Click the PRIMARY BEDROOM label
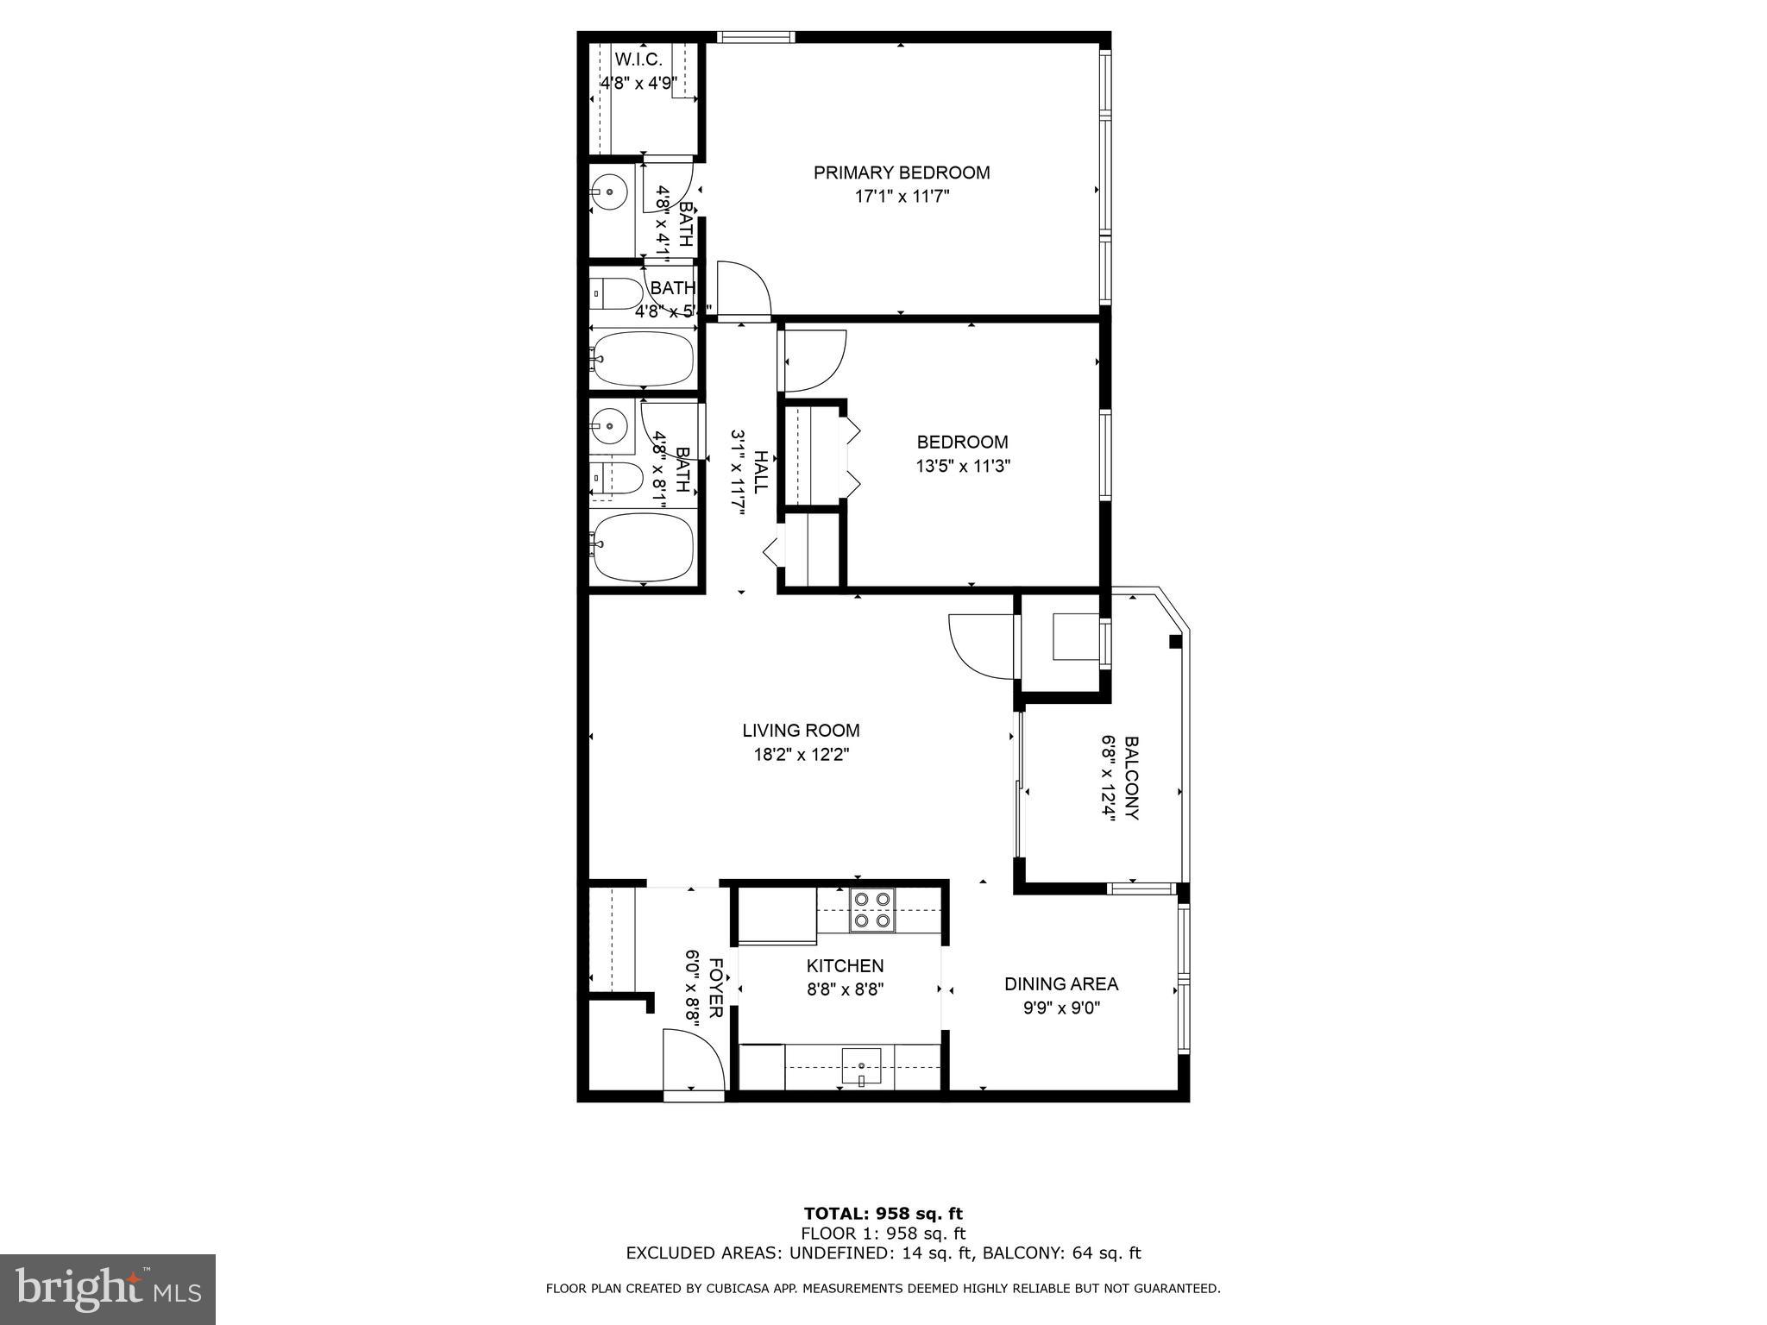[x=902, y=173]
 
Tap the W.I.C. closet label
[x=638, y=60]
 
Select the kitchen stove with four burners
[x=871, y=911]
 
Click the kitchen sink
[x=861, y=1066]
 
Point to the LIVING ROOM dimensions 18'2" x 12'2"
[x=801, y=755]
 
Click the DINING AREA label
[x=1060, y=983]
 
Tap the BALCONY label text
[x=1132, y=778]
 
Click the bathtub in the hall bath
[x=643, y=547]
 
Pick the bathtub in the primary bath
[x=643, y=359]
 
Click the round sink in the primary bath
[x=611, y=192]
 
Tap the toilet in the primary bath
[x=616, y=294]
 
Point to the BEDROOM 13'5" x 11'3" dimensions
[x=962, y=467]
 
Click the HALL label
[x=760, y=472]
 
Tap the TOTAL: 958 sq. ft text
[x=883, y=1214]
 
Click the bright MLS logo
[x=108, y=1289]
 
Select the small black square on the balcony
[x=1174, y=641]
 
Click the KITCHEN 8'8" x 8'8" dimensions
[x=845, y=989]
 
